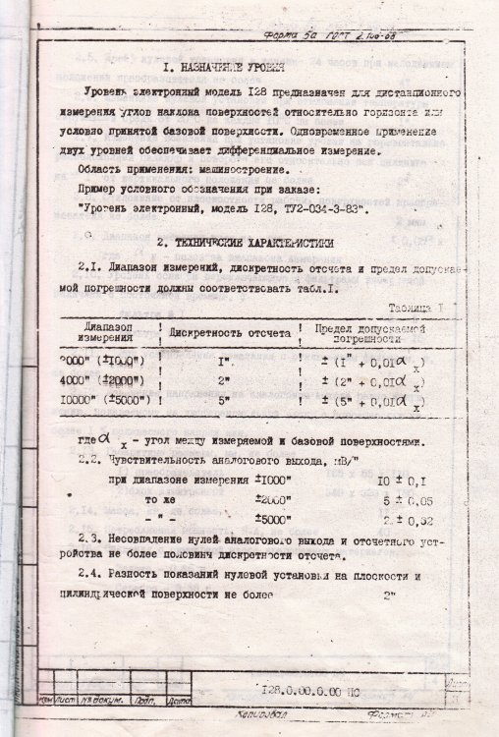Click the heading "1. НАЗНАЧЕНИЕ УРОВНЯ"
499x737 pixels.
(x=223, y=70)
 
